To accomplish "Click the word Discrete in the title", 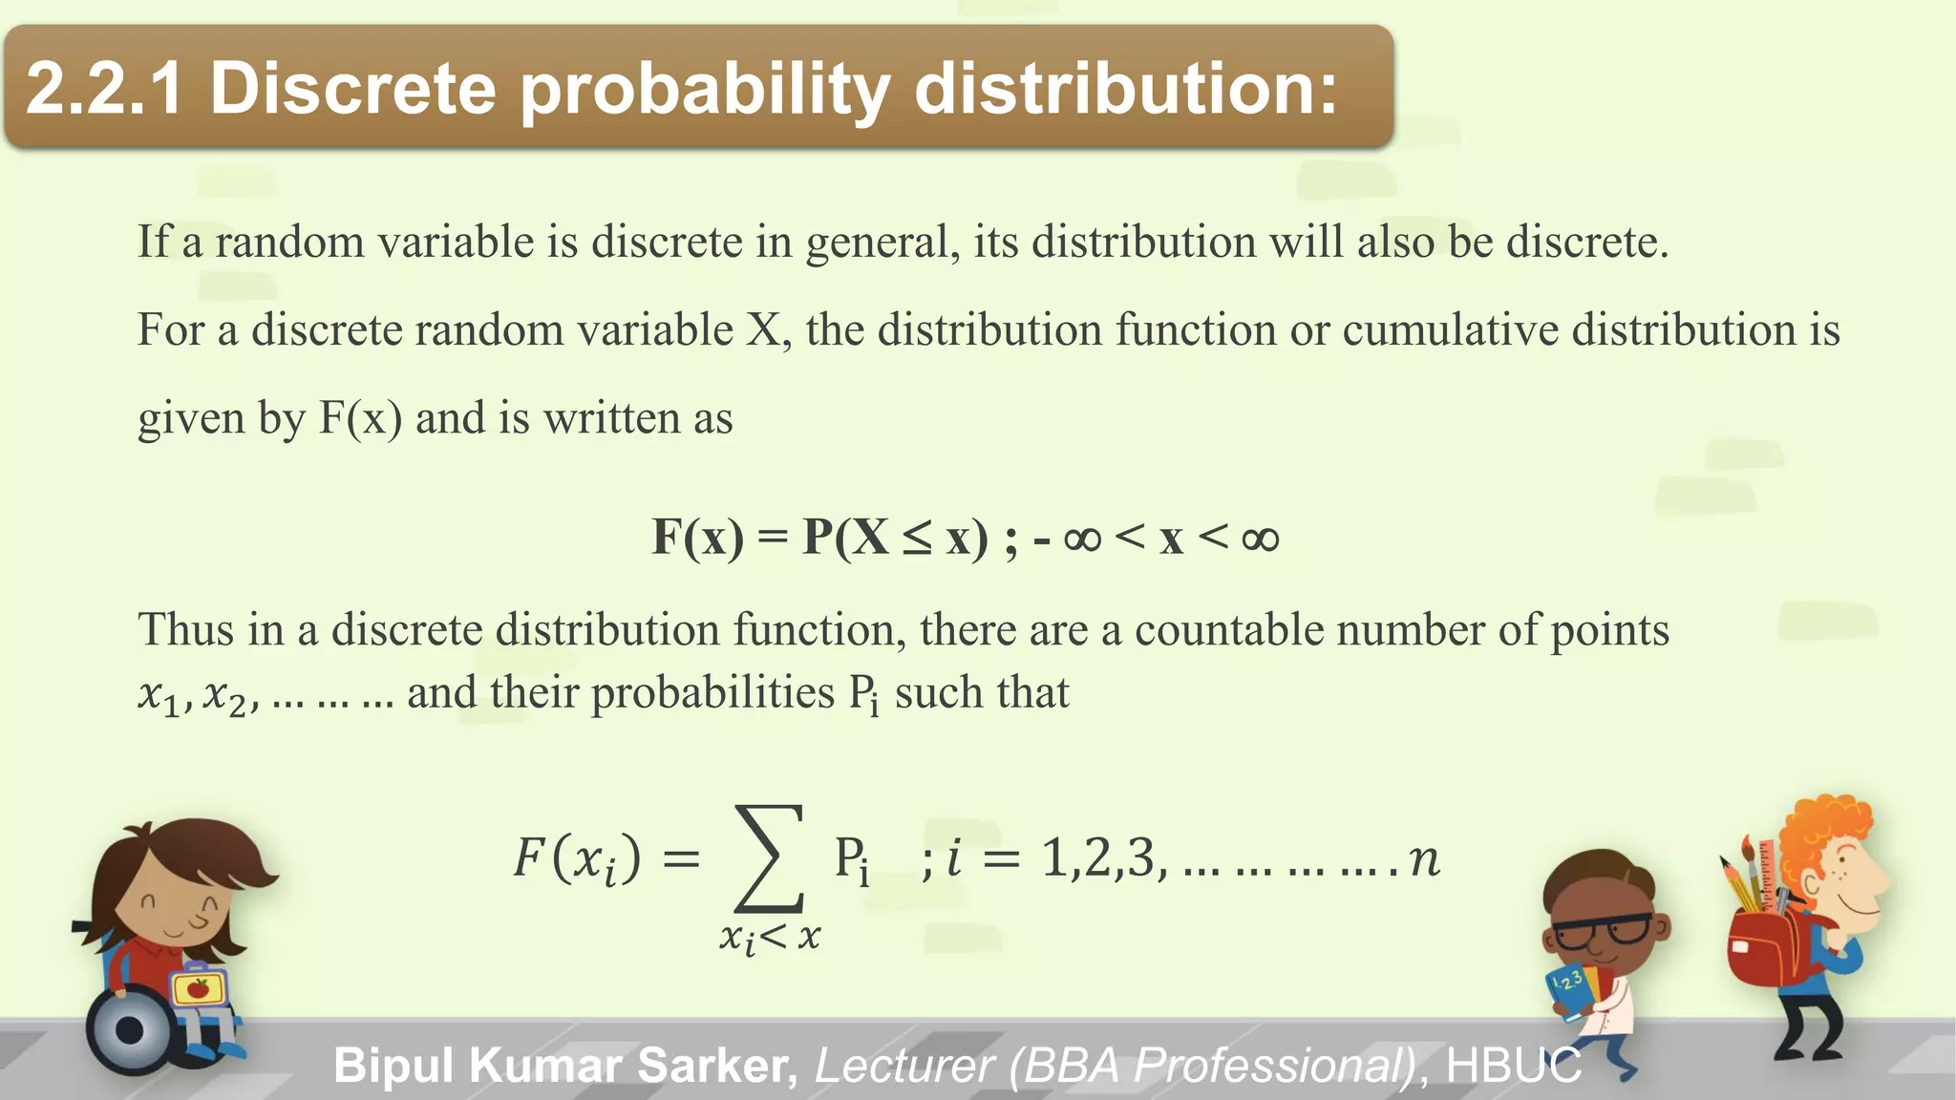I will (x=353, y=88).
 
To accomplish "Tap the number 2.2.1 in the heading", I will (x=104, y=88).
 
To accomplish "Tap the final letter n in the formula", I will (x=1424, y=858).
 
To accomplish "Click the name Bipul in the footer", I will (x=393, y=1065).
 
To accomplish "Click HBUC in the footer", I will (x=1513, y=1065).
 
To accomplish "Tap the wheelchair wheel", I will (x=129, y=1030).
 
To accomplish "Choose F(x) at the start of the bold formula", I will (x=697, y=538).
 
